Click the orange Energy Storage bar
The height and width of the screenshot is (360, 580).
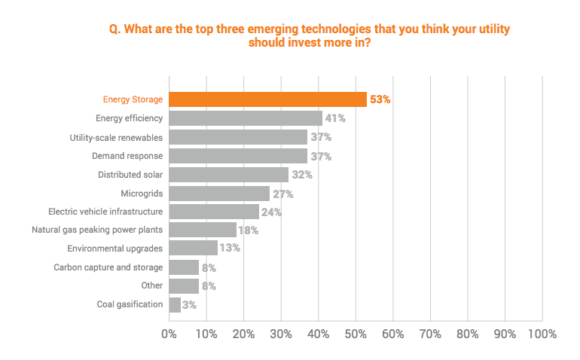click(267, 99)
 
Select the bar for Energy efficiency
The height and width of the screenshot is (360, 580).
click(246, 118)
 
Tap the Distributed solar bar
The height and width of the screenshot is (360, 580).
click(228, 174)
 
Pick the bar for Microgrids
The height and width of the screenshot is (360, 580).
click(219, 193)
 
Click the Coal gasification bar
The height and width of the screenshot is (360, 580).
click(175, 304)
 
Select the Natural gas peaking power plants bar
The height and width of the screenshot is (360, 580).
click(203, 230)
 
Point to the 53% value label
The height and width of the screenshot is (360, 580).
click(380, 99)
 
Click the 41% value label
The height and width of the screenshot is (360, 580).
click(335, 118)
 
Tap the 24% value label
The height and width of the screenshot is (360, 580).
click(272, 212)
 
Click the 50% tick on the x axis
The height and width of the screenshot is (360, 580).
click(356, 334)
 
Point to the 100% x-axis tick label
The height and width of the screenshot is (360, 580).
click(541, 334)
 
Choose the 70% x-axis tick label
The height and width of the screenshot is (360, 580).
click(430, 334)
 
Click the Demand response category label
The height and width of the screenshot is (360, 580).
click(127, 155)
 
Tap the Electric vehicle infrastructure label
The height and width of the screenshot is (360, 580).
click(105, 212)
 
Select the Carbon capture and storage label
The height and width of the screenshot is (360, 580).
click(108, 267)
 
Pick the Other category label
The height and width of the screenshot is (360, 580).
click(151, 285)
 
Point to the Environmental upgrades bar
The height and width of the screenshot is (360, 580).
click(193, 249)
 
